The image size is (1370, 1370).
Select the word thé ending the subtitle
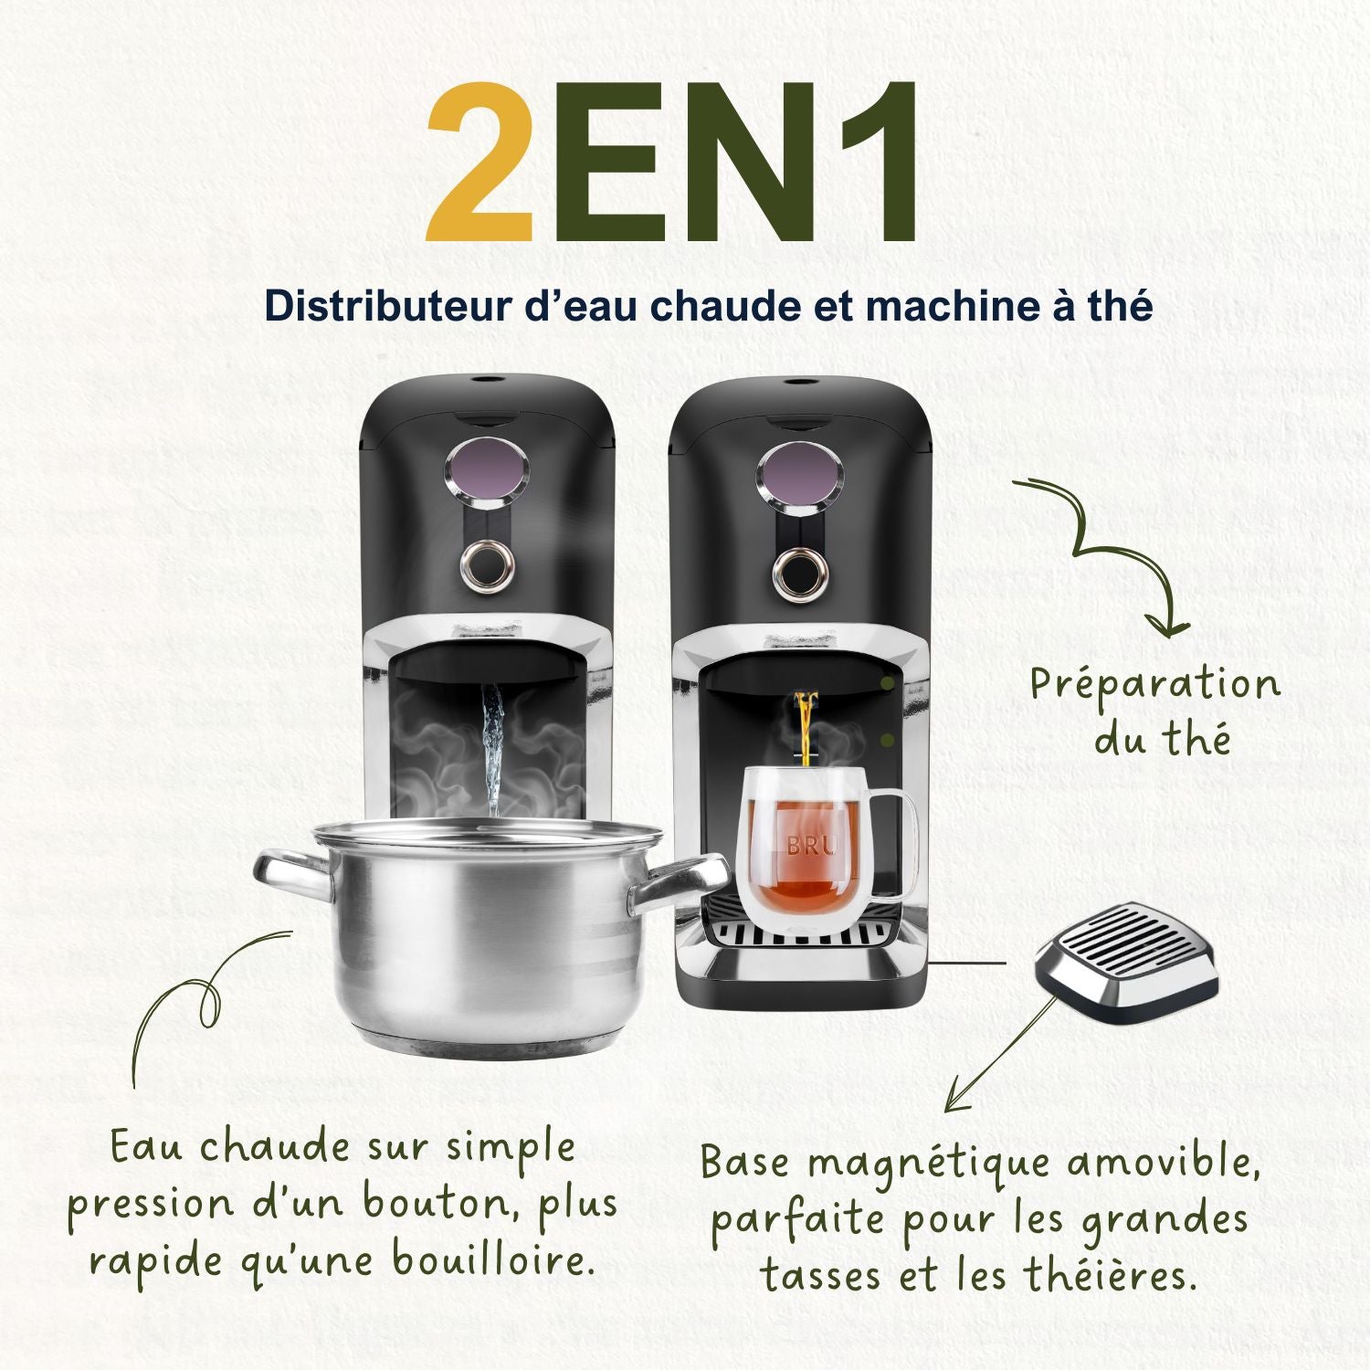(x=1120, y=306)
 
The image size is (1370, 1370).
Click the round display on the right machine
(x=800, y=475)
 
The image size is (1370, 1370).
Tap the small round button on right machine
(x=800, y=573)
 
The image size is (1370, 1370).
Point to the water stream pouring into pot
(x=493, y=749)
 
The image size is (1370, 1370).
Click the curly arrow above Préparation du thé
(x=1105, y=548)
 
